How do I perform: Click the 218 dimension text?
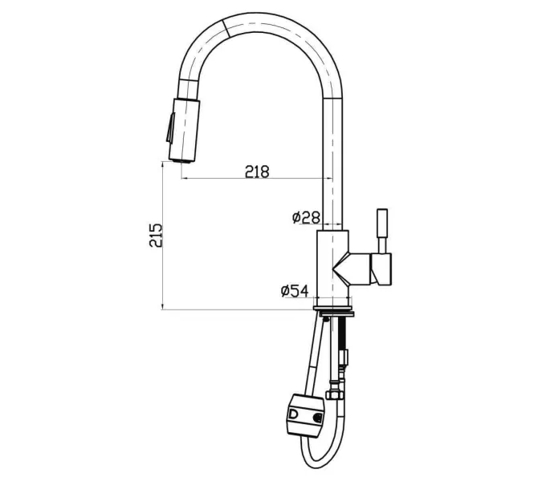click(x=257, y=171)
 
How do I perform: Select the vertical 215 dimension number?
click(x=157, y=234)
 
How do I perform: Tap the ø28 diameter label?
click(x=306, y=217)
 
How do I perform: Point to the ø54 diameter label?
click(x=295, y=291)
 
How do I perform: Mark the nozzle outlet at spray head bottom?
click(x=182, y=159)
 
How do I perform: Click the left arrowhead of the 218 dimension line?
click(x=185, y=178)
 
